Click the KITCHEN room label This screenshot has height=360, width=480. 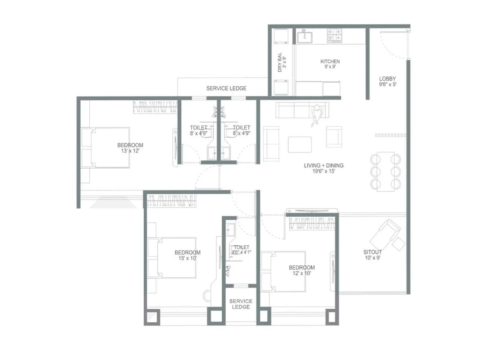tap(330, 61)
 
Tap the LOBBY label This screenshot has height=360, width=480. tap(387, 79)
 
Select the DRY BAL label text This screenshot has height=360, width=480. tap(280, 62)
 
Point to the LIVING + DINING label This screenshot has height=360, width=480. tap(323, 165)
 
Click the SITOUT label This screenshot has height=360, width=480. tap(372, 252)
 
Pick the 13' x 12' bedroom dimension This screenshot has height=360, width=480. tap(130, 151)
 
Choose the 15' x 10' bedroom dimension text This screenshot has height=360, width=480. tap(187, 258)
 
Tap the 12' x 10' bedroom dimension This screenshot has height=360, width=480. tap(301, 273)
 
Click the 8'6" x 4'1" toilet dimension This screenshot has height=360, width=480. tap(241, 252)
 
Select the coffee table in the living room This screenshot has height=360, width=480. tap(300, 145)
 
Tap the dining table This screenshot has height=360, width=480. tap(385, 171)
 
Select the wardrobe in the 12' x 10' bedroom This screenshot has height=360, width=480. tap(312, 223)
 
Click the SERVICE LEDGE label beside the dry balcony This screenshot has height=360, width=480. tap(226, 88)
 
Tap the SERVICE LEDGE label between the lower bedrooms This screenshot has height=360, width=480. tap(241, 304)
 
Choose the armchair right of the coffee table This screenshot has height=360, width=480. tap(334, 137)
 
